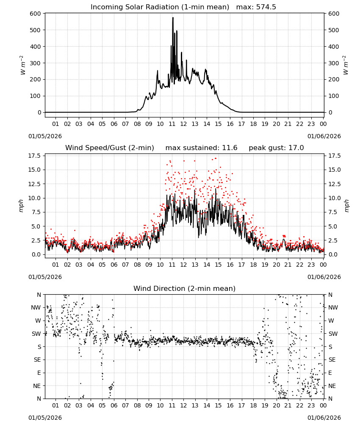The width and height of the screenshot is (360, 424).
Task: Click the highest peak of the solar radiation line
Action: click(x=173, y=18)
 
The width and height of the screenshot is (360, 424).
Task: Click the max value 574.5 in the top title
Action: click(x=266, y=7)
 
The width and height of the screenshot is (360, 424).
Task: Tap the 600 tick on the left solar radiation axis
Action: click(x=36, y=14)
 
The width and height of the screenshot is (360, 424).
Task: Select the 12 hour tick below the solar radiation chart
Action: click(x=183, y=124)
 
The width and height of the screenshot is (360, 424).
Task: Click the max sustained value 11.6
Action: click(x=230, y=148)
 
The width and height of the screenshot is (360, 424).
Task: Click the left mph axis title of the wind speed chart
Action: click(x=21, y=206)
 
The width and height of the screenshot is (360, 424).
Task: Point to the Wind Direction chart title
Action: click(x=185, y=288)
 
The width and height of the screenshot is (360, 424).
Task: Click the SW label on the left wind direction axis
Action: click(x=36, y=334)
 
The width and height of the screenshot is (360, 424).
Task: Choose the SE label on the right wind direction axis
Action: click(x=332, y=360)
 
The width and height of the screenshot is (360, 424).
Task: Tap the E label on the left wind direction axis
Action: click(x=39, y=373)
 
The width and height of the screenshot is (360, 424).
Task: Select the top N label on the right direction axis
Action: click(x=330, y=295)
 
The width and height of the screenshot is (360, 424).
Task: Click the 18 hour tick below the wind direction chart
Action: click(x=253, y=405)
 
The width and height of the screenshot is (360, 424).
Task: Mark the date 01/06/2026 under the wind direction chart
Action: click(x=324, y=418)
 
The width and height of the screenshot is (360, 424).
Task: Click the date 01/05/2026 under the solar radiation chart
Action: click(x=45, y=136)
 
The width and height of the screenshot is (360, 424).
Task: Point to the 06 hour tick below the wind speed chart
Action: click(x=114, y=265)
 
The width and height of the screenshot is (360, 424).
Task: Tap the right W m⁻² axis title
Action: click(x=346, y=65)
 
